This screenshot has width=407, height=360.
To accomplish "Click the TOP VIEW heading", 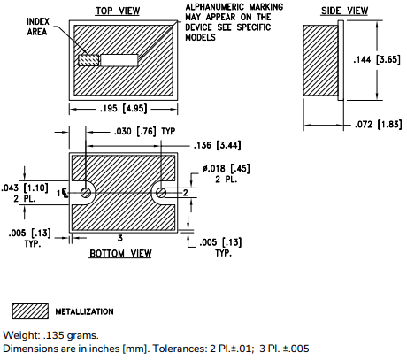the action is click(118, 11).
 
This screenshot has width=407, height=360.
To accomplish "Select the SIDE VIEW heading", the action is click(344, 11).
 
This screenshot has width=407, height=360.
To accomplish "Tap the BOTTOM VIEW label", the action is click(120, 254).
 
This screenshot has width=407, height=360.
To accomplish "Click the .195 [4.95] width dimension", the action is click(123, 109).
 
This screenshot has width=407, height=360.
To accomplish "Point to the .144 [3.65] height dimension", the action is click(377, 60).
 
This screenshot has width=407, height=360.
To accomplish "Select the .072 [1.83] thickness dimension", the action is click(378, 125).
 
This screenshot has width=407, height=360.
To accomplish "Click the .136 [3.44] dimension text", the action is click(217, 145).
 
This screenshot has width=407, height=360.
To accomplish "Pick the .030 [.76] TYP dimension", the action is click(144, 131).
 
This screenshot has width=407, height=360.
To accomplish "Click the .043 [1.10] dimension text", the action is click(25, 188).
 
